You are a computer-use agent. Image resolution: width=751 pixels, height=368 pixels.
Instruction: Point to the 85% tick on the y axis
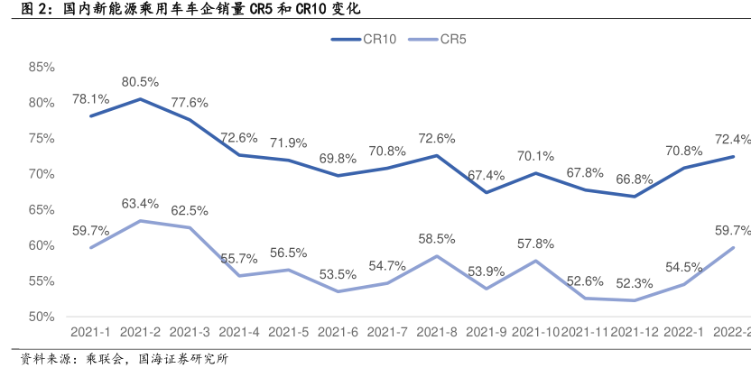click(42, 67)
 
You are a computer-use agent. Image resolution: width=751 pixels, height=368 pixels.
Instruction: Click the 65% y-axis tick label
click(42, 209)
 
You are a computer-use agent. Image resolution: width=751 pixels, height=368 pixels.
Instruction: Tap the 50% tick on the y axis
click(42, 317)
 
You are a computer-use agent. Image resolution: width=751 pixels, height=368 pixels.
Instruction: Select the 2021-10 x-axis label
click(536, 332)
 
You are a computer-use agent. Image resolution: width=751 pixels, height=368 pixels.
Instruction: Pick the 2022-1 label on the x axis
click(684, 332)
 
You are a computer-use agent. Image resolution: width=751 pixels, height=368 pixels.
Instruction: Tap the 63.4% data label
click(141, 202)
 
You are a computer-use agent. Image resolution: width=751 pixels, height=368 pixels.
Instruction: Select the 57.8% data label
click(536, 243)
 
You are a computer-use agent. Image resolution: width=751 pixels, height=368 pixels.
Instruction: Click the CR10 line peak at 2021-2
click(140, 99)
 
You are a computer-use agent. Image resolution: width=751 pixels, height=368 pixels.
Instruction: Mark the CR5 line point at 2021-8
click(437, 256)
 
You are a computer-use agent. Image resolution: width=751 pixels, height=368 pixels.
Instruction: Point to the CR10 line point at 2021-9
click(487, 192)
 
